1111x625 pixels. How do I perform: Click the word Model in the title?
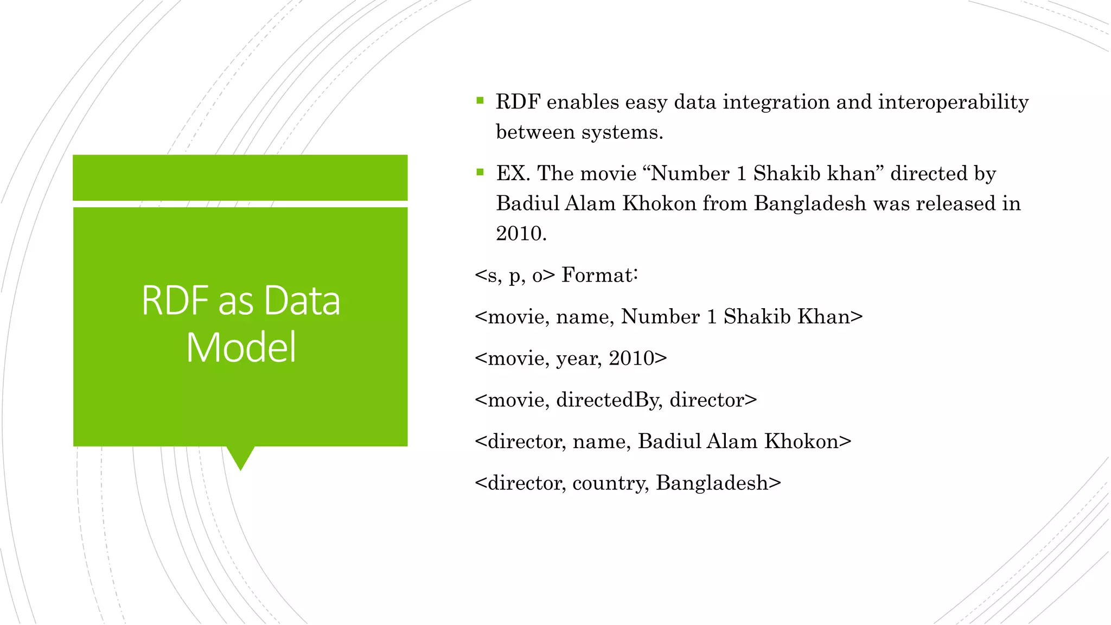tap(241, 347)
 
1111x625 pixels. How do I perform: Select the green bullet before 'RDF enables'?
tap(480, 100)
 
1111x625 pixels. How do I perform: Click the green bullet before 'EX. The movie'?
tap(480, 172)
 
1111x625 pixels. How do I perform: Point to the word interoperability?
tap(953, 102)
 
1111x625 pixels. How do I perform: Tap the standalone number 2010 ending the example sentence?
tap(520, 233)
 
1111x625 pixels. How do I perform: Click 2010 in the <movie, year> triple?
tap(631, 358)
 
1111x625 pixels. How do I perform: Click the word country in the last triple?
tap(610, 483)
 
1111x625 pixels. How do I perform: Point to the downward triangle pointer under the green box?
tap(240, 457)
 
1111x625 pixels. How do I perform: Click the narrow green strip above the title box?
tap(240, 177)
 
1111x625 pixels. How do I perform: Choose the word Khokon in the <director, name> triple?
tap(801, 441)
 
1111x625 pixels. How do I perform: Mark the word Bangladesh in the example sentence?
tap(810, 203)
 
